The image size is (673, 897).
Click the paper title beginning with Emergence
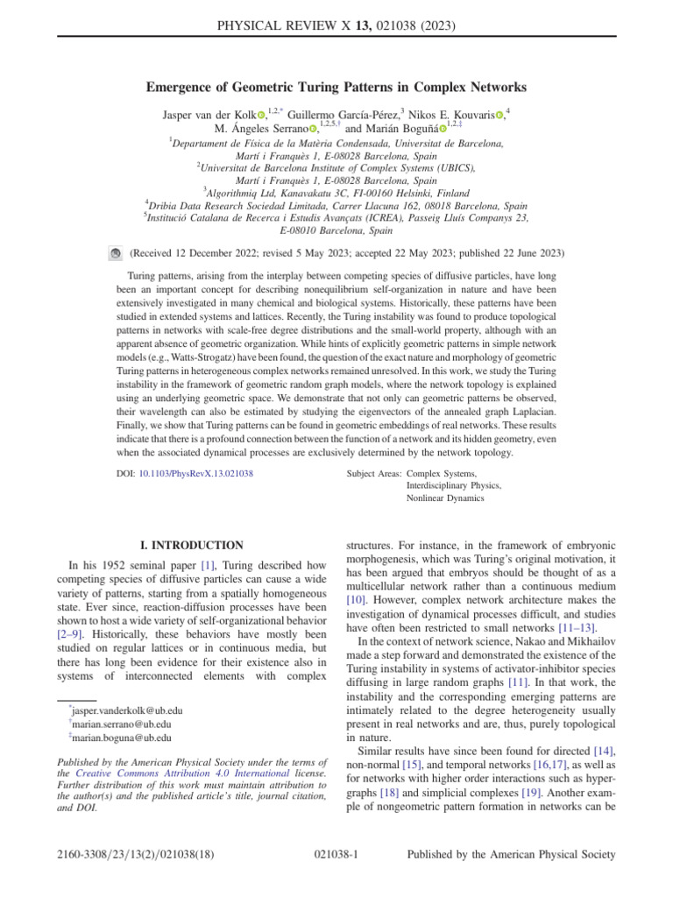(x=336, y=87)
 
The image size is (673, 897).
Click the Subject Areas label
(x=374, y=473)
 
